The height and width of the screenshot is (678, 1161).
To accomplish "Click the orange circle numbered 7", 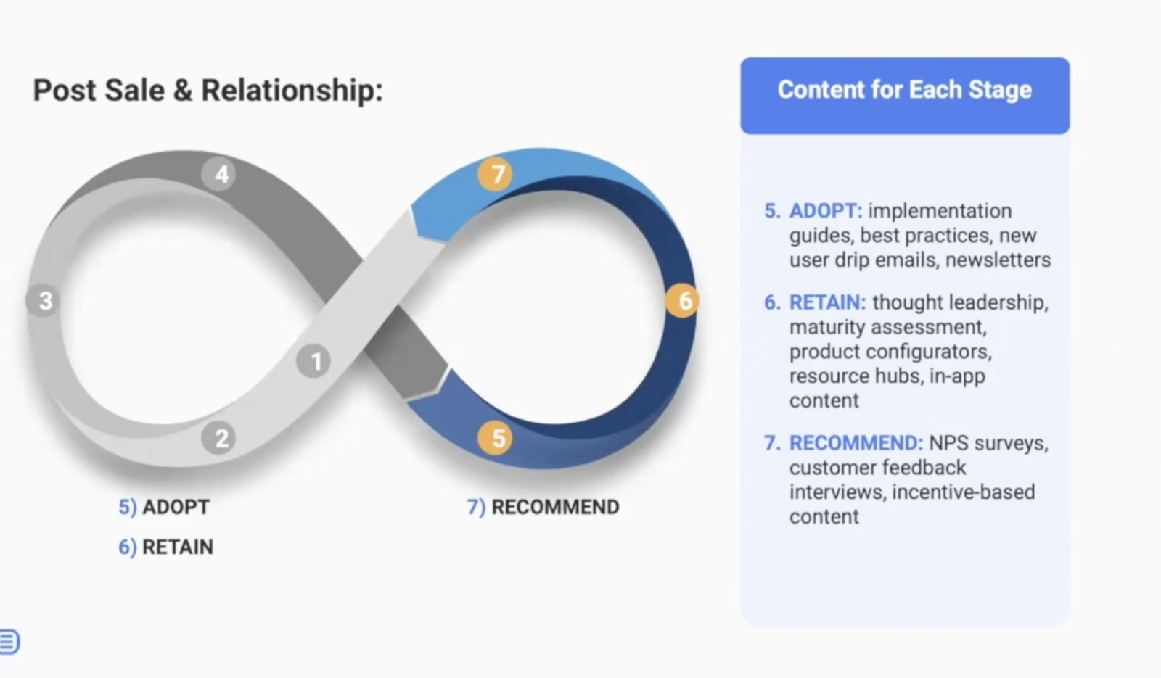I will tap(496, 174).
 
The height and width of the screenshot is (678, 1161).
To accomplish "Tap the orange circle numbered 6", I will tap(684, 300).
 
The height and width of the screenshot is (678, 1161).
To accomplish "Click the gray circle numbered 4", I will tap(221, 174).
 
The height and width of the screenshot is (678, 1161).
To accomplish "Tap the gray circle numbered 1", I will tap(315, 361).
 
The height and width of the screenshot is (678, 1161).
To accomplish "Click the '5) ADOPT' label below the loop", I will tap(164, 507).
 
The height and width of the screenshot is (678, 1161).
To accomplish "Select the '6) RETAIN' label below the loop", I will tap(165, 547).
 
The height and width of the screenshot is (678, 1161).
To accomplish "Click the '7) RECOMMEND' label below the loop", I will tap(543, 507).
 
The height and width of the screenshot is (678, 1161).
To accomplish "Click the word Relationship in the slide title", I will tap(290, 91).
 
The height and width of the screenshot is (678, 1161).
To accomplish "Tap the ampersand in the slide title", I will tap(182, 91).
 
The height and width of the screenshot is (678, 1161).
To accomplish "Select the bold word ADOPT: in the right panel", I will tap(826, 211).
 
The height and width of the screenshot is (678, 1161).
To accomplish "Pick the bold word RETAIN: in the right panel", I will tap(827, 302).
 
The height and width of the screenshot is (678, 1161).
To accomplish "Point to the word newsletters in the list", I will tap(998, 260).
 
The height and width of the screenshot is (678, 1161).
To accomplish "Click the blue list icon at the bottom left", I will tap(9, 642).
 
